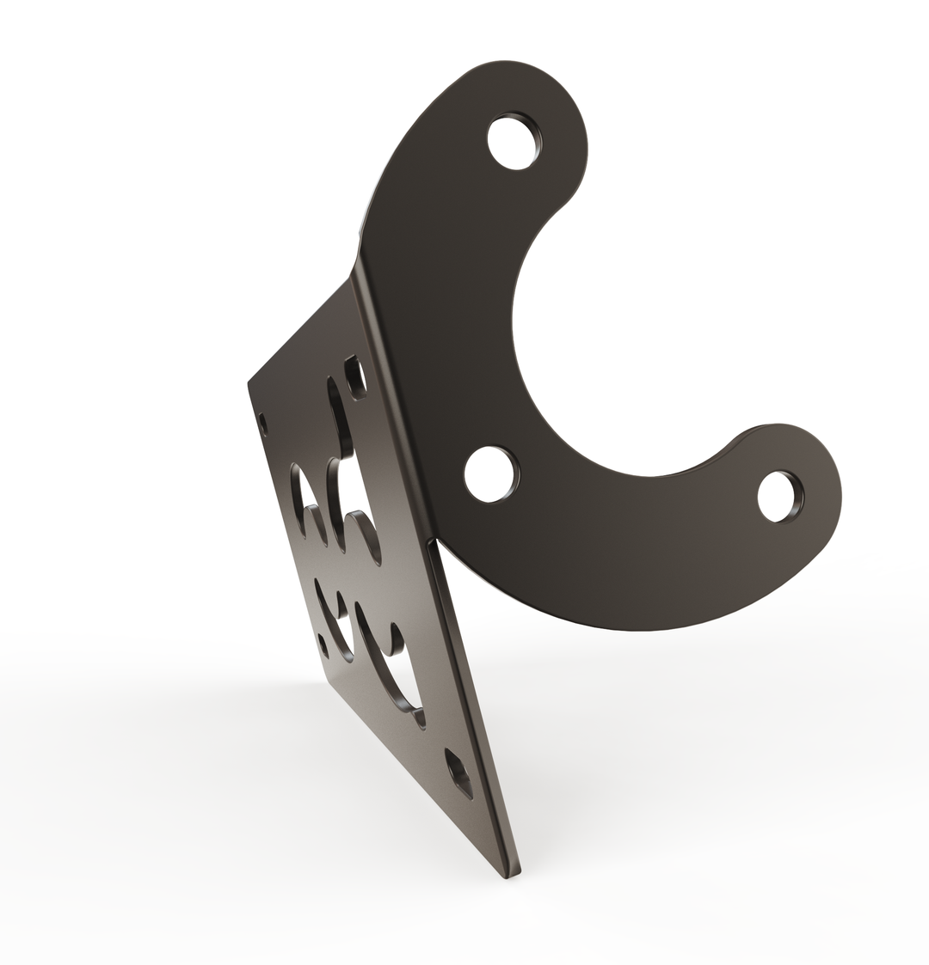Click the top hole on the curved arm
point(514,142)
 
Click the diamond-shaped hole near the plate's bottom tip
point(458,772)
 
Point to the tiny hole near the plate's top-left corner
point(263,424)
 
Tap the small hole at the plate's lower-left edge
point(323,645)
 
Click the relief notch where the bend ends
point(436,541)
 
